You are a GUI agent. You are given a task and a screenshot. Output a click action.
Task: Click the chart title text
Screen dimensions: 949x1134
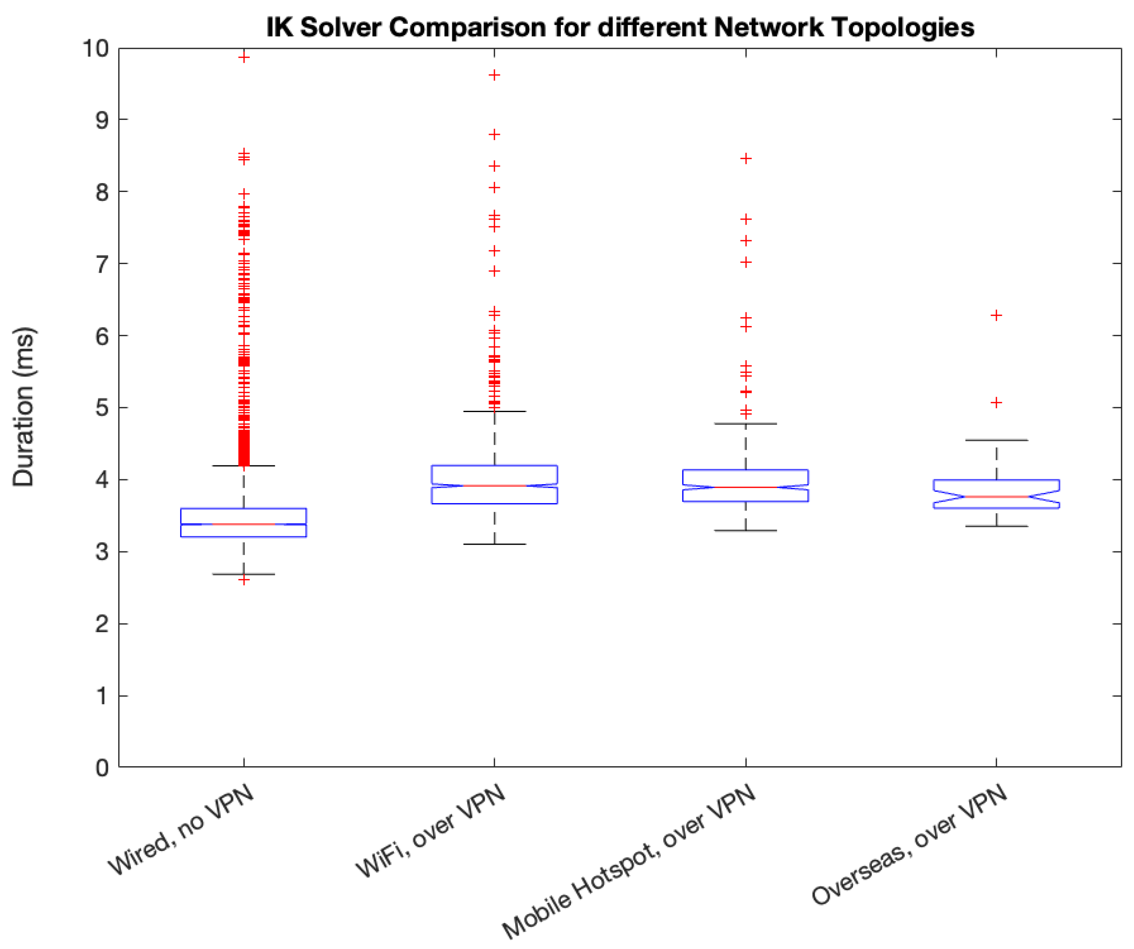coord(620,27)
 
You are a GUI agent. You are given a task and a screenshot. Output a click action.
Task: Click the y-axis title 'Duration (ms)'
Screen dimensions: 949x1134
coord(24,406)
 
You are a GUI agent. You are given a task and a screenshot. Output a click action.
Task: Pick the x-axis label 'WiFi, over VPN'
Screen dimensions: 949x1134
coord(430,831)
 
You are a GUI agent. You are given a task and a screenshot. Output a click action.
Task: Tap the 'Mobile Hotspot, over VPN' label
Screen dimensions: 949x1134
coord(629,861)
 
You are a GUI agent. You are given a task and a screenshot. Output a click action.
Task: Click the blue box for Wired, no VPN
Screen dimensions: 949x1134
coord(244,522)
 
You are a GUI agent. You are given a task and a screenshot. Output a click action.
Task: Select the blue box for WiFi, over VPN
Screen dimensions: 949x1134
coord(494,485)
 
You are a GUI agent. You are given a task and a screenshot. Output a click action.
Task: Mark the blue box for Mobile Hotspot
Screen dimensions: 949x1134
coord(745,485)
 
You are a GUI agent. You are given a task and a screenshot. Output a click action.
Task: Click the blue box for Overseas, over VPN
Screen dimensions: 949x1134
coord(996,494)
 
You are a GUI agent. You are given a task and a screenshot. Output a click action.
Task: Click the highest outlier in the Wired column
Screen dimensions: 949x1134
coord(244,57)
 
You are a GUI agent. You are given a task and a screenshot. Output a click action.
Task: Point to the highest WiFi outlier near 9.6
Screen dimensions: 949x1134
coord(494,75)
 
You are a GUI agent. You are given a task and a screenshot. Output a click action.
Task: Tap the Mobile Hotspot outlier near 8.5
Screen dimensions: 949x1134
coord(746,158)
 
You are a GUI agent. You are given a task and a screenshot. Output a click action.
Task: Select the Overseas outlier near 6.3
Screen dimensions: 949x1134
coord(996,315)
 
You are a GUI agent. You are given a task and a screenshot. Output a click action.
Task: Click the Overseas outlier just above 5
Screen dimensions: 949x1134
coord(996,402)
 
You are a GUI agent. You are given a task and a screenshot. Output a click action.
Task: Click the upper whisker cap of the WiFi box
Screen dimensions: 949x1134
coord(494,412)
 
